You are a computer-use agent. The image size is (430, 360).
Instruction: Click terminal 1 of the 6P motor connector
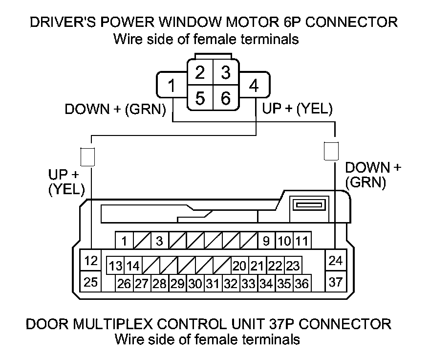point(171,86)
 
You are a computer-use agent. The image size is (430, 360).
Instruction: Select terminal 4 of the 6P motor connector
point(253,86)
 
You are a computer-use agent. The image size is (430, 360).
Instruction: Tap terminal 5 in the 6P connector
point(200,98)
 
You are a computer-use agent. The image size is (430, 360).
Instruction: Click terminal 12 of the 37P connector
point(90,261)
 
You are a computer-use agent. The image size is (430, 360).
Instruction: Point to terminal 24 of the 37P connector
point(335,261)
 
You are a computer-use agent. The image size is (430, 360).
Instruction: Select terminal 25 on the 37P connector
point(90,282)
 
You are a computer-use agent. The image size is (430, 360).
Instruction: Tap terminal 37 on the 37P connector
point(335,282)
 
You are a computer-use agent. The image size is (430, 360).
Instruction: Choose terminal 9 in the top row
point(266,241)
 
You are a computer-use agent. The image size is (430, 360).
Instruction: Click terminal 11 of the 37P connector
point(302,241)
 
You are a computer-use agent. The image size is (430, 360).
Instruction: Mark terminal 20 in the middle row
point(239,266)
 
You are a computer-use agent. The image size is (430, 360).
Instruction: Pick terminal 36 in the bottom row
point(302,283)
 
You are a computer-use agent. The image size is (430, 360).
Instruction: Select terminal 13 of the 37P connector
point(115,266)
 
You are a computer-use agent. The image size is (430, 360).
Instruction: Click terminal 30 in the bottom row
point(195,283)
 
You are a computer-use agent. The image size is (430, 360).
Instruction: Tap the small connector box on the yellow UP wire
point(87,156)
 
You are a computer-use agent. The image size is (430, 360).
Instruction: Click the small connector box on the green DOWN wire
point(331,150)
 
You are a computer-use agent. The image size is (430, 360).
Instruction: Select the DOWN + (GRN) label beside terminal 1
point(116,110)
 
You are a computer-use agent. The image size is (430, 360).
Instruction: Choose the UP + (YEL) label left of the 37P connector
point(66,182)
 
